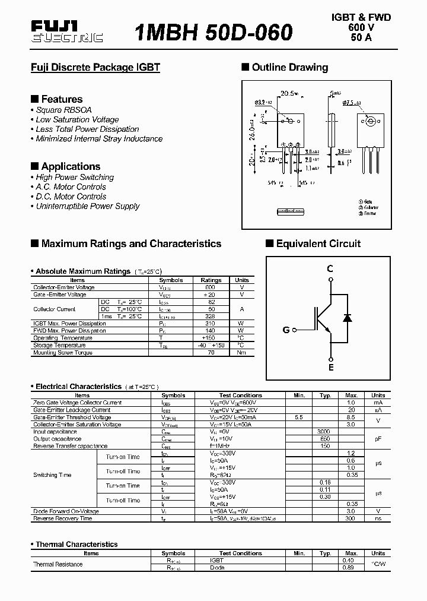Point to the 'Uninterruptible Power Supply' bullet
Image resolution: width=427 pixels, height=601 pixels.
(87, 206)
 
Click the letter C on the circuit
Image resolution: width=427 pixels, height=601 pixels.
(330, 269)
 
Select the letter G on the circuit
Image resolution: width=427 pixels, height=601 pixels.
(286, 330)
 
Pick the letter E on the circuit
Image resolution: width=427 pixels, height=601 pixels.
(331, 367)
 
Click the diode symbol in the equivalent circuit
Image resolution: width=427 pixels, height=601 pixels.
(348, 318)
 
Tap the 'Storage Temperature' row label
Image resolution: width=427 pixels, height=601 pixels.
(59, 346)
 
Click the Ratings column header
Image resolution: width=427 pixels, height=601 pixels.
(211, 280)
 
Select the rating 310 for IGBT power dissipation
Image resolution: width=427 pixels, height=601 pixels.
(211, 324)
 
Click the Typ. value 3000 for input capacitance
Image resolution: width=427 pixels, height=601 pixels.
(324, 432)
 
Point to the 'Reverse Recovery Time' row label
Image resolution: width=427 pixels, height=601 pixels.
(63, 518)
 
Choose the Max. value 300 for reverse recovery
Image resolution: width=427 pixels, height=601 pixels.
(351, 518)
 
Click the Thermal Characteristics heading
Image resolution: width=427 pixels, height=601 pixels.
(77, 545)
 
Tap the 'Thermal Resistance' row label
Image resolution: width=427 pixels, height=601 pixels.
(58, 564)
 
